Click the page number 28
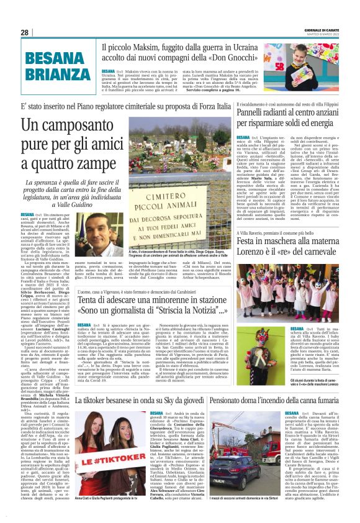click(x=24, y=32)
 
